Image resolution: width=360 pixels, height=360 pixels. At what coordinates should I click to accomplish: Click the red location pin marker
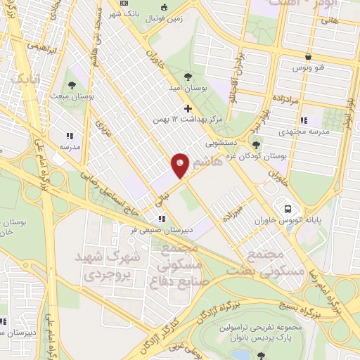click(x=181, y=165)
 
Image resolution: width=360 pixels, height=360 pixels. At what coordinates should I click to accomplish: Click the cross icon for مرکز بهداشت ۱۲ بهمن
click(x=187, y=108)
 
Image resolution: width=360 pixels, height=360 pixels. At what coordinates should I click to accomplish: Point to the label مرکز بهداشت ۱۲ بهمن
click(x=187, y=120)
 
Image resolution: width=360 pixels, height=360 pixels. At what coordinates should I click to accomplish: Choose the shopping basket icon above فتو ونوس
click(x=308, y=57)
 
